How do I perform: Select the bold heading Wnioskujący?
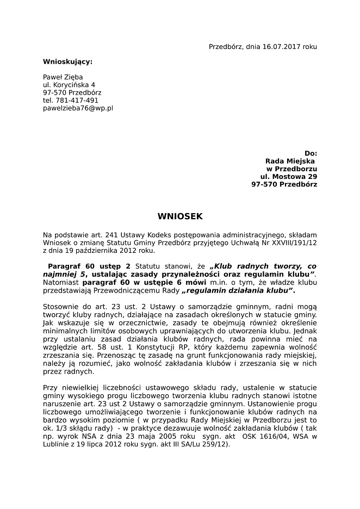tap(67, 61)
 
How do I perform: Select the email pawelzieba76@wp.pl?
tap(78, 108)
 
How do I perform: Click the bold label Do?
tap(311, 153)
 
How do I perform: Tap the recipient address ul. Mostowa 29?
tap(288, 177)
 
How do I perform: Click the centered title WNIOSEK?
tap(179, 216)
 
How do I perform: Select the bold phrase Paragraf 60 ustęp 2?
tap(89, 266)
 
